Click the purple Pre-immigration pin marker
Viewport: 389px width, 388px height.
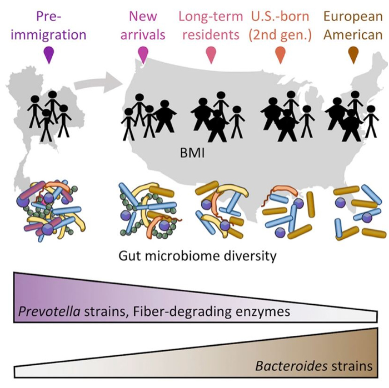click(x=49, y=55)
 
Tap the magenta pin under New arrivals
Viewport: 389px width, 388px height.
click(x=143, y=55)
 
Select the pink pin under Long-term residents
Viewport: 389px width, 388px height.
click(x=211, y=55)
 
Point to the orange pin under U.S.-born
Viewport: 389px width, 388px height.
click(x=280, y=55)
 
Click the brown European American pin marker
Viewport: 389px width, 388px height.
click(x=353, y=55)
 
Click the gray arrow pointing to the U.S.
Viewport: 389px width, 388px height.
click(x=98, y=83)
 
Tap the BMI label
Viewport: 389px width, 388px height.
click(x=192, y=153)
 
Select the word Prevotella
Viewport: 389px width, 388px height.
click(x=49, y=311)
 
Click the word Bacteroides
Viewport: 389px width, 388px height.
click(x=291, y=366)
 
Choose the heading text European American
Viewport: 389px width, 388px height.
click(x=353, y=26)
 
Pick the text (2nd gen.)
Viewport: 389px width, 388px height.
click(x=280, y=35)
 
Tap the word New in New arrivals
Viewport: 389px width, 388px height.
click(x=143, y=16)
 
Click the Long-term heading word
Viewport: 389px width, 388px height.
click(x=211, y=17)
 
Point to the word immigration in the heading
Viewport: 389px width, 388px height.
click(x=49, y=35)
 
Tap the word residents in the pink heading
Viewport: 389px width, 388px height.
click(x=211, y=34)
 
